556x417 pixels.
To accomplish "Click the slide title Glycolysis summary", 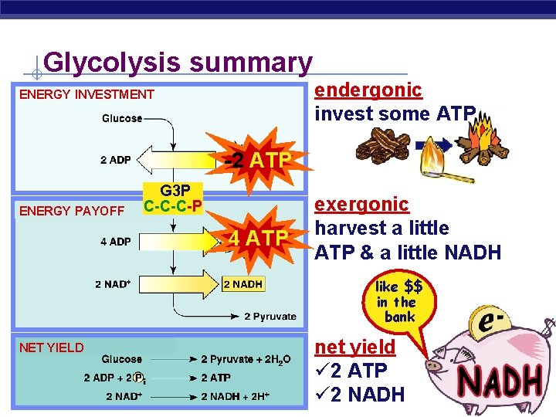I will [x=178, y=62].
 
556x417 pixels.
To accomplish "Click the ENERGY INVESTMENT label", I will [x=86, y=95].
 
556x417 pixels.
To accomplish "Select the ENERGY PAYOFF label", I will [x=72, y=211].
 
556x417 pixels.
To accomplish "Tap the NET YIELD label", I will [x=51, y=347].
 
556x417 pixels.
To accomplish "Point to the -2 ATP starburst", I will [x=256, y=161].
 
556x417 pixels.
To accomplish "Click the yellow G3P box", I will [x=173, y=198].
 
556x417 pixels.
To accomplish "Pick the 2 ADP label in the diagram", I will [x=115, y=161].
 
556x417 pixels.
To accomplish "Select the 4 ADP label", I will [x=115, y=242].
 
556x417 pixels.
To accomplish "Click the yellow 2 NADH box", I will [x=242, y=284].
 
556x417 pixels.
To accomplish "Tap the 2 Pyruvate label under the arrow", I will [x=270, y=316].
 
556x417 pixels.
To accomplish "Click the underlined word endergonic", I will [x=368, y=90].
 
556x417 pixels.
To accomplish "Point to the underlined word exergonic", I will [x=361, y=204].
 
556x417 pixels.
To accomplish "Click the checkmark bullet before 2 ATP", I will [x=321, y=371].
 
